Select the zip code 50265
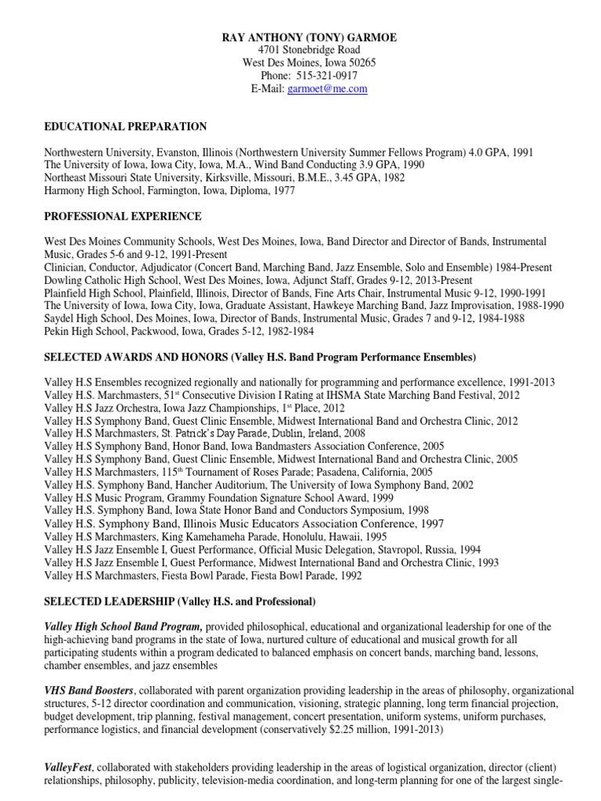[x=351, y=63]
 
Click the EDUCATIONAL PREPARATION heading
[x=125, y=127]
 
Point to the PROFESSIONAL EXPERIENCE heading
[x=123, y=216]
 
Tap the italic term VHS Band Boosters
[x=89, y=691]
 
